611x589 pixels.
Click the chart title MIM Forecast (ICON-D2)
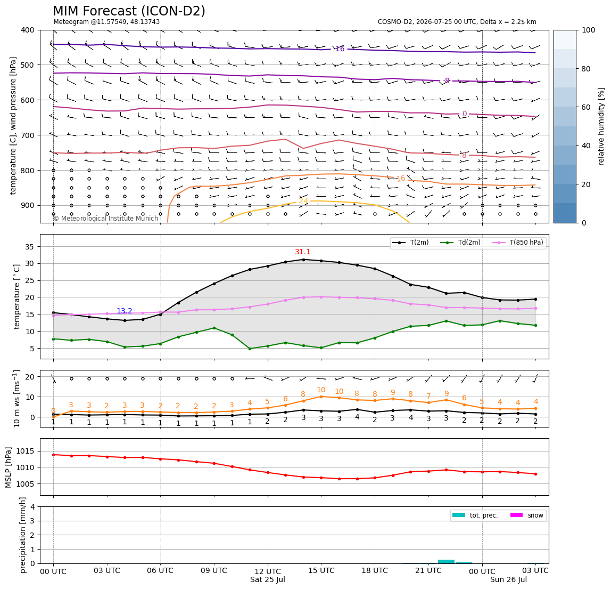pyautogui.click(x=129, y=11)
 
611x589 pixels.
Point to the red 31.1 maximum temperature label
pyautogui.click(x=303, y=252)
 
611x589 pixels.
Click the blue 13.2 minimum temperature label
pyautogui.click(x=125, y=311)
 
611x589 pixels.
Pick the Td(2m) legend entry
pyautogui.click(x=460, y=243)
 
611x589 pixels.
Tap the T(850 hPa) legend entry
pyautogui.click(x=518, y=243)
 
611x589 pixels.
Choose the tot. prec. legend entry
pyautogui.click(x=475, y=515)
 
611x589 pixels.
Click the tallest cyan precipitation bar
pyautogui.click(x=446, y=561)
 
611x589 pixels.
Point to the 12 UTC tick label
pyautogui.click(x=268, y=571)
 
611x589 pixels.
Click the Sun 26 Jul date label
pyautogui.click(x=508, y=579)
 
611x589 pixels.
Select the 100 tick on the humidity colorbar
pyautogui.click(x=589, y=30)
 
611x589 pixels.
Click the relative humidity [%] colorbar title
pyautogui.click(x=601, y=127)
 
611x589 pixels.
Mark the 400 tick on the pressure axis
pyautogui.click(x=28, y=30)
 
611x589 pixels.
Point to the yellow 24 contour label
pyautogui.click(x=303, y=201)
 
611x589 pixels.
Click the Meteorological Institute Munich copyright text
pyautogui.click(x=106, y=218)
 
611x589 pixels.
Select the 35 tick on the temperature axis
pyautogui.click(x=30, y=247)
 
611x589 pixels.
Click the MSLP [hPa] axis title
pyautogui.click(x=9, y=467)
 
